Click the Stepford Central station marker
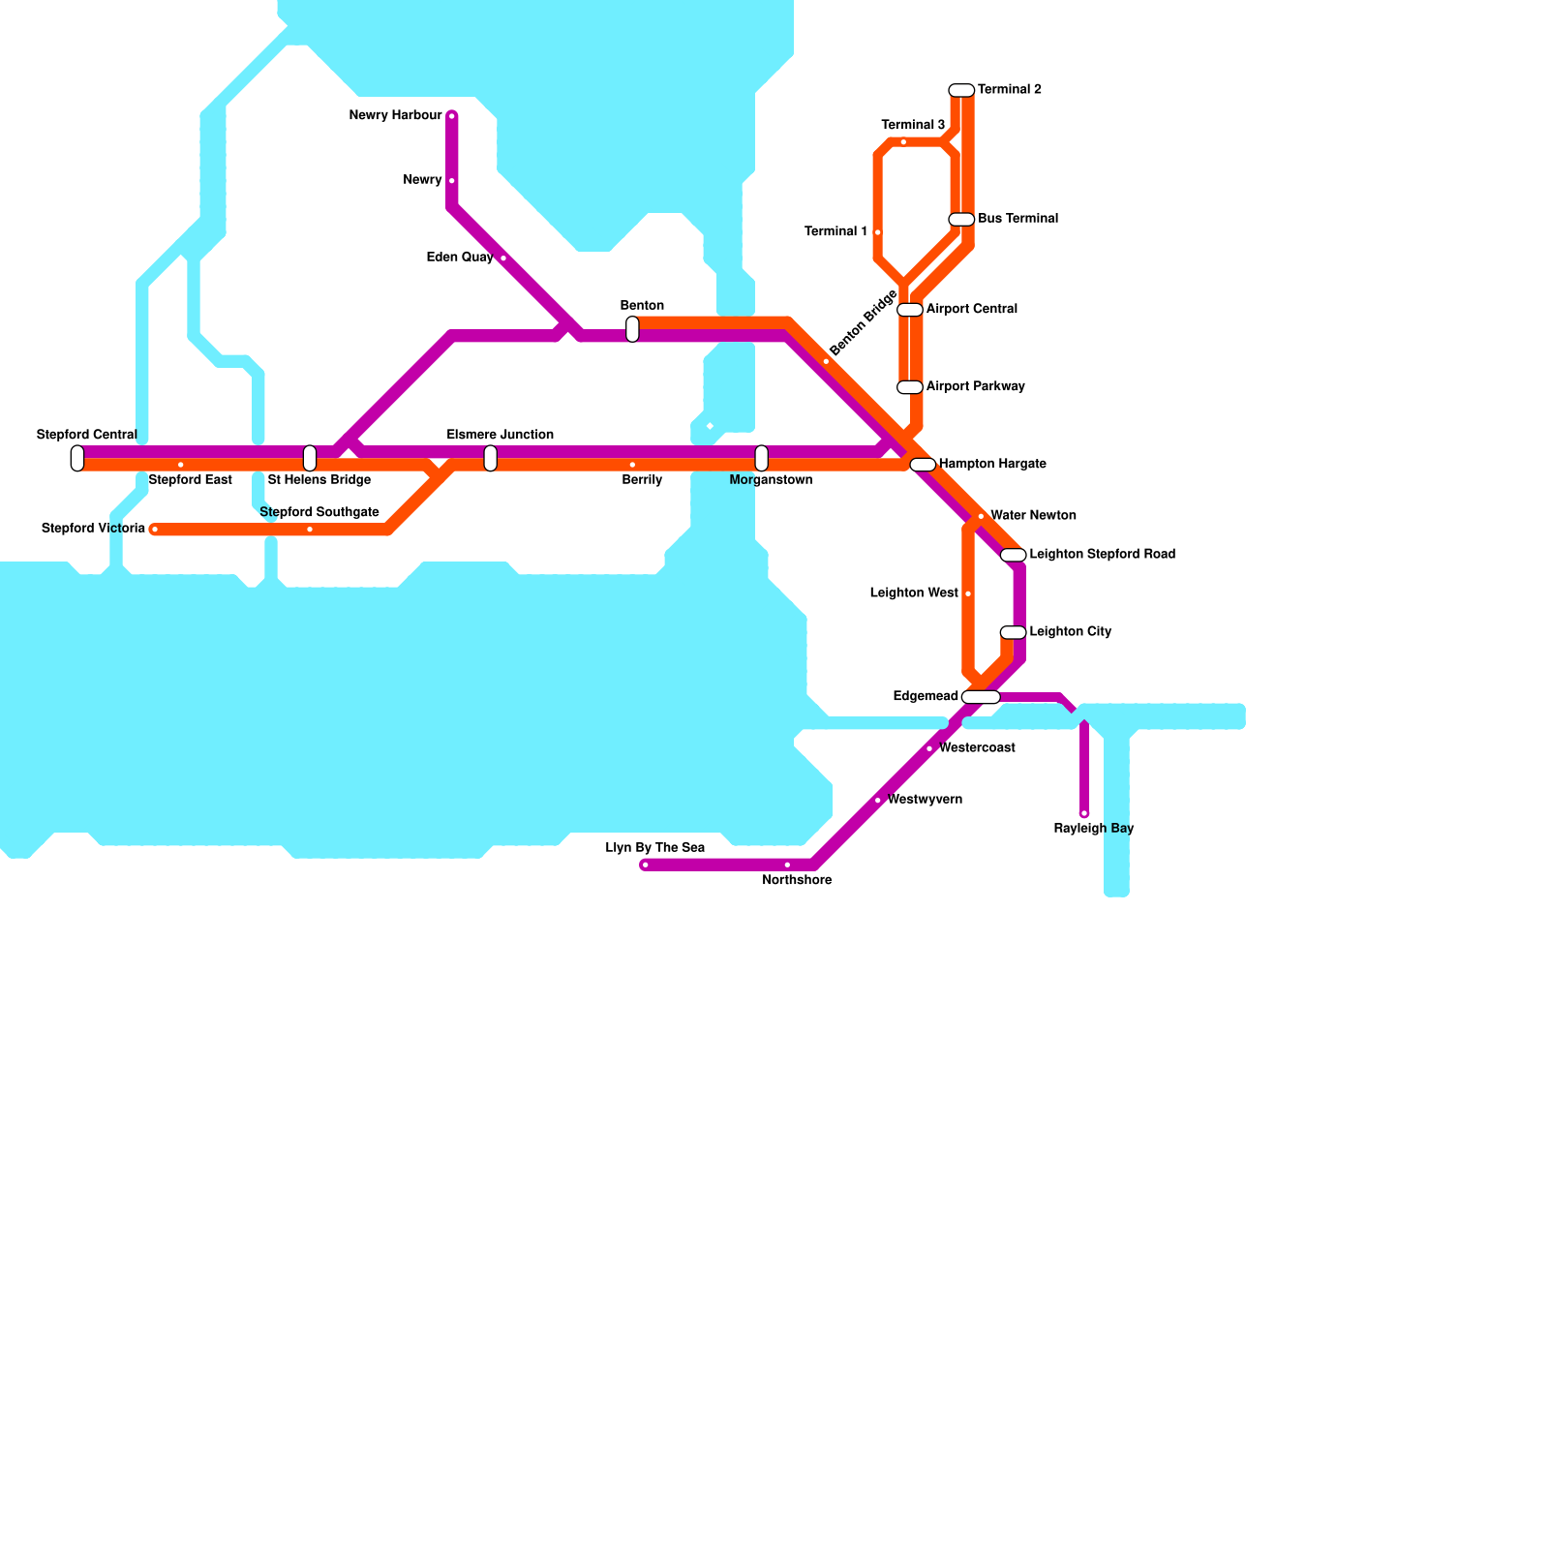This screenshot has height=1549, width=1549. click(x=77, y=458)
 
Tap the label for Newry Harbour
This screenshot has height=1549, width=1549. click(x=395, y=116)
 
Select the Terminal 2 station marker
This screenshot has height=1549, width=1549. click(x=961, y=90)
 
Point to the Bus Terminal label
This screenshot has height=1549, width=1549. click(x=1017, y=219)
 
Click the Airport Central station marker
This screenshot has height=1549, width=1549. click(x=910, y=310)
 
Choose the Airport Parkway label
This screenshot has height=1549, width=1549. click(x=975, y=387)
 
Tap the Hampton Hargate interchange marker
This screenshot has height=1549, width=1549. click(x=923, y=465)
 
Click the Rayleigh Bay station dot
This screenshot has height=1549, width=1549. click(x=1084, y=813)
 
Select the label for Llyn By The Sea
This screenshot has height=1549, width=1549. click(x=655, y=848)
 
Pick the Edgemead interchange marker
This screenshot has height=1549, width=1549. click(x=981, y=697)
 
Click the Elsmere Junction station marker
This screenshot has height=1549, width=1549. click(x=491, y=458)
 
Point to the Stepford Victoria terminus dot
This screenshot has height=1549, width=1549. click(x=155, y=530)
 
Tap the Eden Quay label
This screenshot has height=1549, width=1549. click(x=460, y=258)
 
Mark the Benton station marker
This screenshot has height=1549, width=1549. click(x=632, y=329)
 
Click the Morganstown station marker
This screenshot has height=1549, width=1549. click(x=762, y=458)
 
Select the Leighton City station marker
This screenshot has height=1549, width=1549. click(x=1013, y=632)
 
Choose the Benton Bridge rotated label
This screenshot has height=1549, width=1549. click(x=863, y=322)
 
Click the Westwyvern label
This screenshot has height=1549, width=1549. click(x=925, y=800)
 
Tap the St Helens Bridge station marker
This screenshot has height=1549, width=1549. click(x=310, y=458)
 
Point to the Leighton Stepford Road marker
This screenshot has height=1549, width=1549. click(x=1013, y=555)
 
